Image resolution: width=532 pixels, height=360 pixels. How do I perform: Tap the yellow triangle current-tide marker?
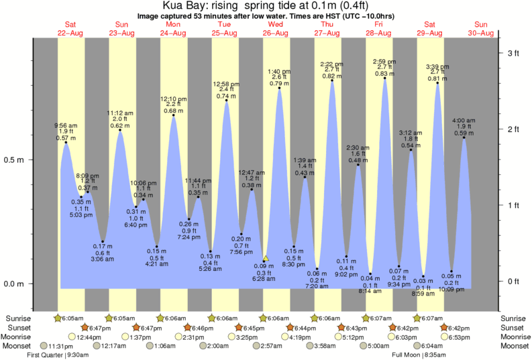pyautogui.click(x=266, y=257)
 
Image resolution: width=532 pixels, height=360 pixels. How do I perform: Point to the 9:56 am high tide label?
pyautogui.click(x=66, y=125)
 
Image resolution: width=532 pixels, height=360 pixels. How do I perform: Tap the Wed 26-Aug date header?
pyautogui.click(x=275, y=28)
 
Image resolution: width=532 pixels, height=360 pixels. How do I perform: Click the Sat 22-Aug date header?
pyautogui.click(x=70, y=28)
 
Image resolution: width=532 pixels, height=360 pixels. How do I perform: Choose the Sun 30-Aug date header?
pyautogui.click(x=482, y=28)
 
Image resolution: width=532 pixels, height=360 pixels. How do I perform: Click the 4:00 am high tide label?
pyautogui.click(x=464, y=121)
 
